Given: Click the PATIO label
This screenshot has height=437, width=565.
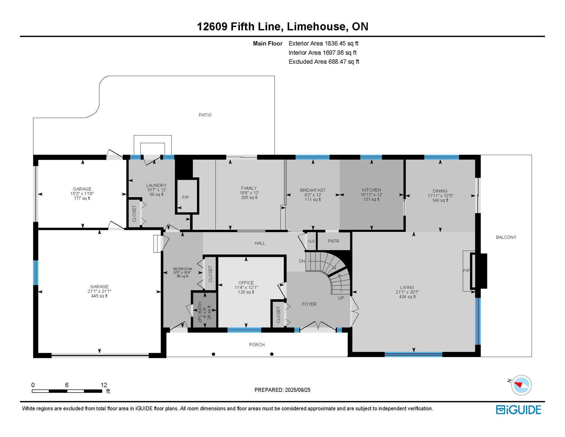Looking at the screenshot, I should coord(205,115).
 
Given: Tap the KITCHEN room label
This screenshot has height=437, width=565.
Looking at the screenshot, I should coord(371,190).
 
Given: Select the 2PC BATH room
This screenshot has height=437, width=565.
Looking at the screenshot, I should coord(205,310).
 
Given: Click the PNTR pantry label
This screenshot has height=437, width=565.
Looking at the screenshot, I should coord(333,241).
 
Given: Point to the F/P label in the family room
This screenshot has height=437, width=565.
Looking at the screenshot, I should coord(185,197).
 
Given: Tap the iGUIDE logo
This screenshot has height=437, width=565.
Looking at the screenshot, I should coord(518,410).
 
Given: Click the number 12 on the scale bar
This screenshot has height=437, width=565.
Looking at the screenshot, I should coord(104,385).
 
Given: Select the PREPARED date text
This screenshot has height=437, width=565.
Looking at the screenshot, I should coord(282,390).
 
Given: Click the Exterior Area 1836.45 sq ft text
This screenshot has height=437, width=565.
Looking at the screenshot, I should coord(323,44).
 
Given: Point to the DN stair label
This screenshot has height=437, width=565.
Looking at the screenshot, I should coord(302,261).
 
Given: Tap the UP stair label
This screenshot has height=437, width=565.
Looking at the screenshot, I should coord(341,298).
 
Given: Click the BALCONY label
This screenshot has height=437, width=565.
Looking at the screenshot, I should coord(506,237).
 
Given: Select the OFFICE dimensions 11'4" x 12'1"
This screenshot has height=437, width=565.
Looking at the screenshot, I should coord(246,288).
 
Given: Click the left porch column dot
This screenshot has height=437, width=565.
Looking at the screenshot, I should coord(213,354).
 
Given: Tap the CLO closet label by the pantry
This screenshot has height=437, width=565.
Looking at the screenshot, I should coord(311,241).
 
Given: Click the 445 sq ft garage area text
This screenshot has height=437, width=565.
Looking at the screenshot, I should coord(99,296).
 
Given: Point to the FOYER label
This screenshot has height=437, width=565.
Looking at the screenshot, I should coord(309,304).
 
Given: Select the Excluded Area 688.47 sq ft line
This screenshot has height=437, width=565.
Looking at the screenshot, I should coord(323,62).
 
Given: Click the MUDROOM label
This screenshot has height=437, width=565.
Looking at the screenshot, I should coord(182,269).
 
